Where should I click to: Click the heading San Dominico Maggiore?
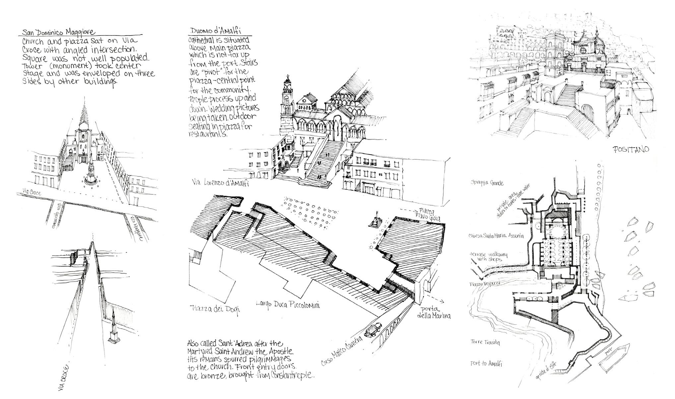(x=58, y=33)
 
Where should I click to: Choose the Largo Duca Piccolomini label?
(x=288, y=304)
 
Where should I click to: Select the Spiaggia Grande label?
(x=488, y=183)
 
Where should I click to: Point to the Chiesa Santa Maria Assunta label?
(x=496, y=236)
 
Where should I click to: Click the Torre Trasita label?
(x=485, y=342)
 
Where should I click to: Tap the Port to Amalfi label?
(x=486, y=364)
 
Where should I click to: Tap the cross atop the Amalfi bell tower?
(x=288, y=78)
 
